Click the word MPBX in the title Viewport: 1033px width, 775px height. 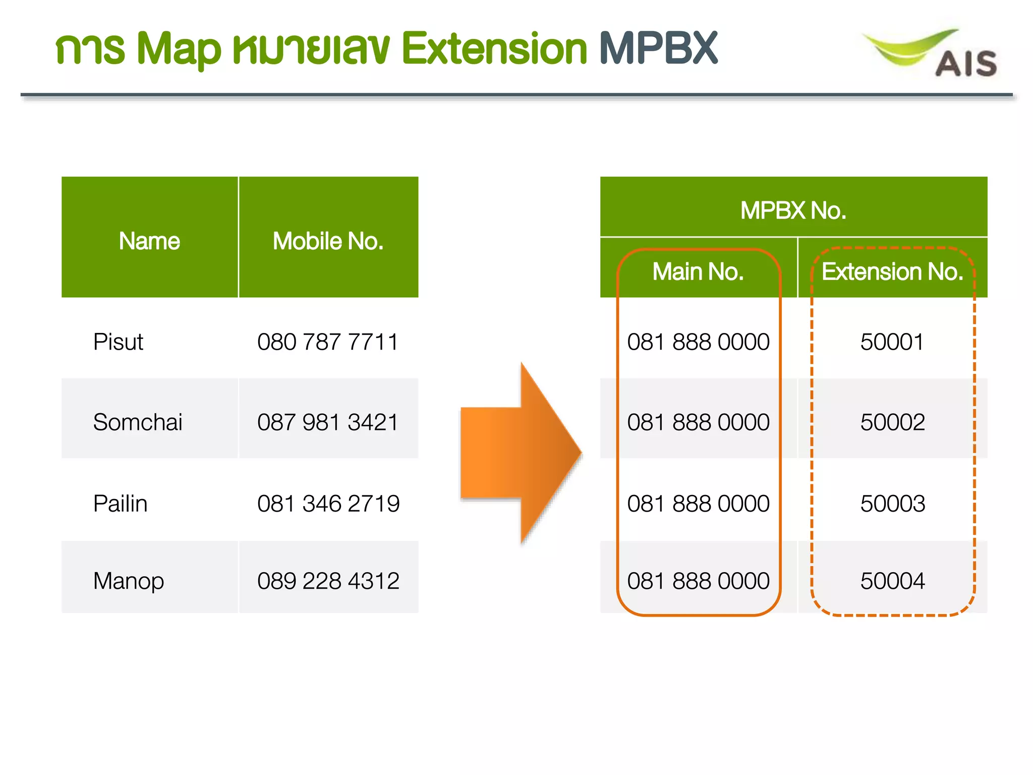(x=659, y=48)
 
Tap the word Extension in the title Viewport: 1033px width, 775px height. (x=494, y=48)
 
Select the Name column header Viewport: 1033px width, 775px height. (x=149, y=241)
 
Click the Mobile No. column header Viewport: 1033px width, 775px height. (x=328, y=241)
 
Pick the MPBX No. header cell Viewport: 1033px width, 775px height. (x=793, y=210)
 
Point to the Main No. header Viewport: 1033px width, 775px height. (x=698, y=271)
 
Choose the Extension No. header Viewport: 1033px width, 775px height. (x=892, y=271)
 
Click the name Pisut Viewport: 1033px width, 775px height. (x=119, y=342)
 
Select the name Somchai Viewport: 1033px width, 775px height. (x=138, y=422)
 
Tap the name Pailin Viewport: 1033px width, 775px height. (x=121, y=504)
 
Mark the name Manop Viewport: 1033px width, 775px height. (x=129, y=581)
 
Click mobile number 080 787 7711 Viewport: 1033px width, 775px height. (x=328, y=342)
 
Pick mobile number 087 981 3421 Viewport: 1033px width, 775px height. (x=328, y=422)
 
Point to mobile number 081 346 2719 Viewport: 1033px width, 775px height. (x=328, y=504)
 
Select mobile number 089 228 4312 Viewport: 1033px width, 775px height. (x=328, y=581)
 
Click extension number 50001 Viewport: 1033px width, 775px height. (x=892, y=342)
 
